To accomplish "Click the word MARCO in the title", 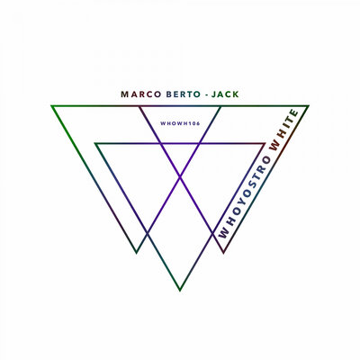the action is (141, 94).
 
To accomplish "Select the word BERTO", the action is (183, 94).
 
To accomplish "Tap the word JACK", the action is (225, 94).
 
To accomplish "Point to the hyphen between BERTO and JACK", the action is (206, 95).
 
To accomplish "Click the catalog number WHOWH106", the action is (180, 123).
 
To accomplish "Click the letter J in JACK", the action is (213, 94).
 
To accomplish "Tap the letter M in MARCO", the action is (124, 94).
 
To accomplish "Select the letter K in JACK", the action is (236, 94).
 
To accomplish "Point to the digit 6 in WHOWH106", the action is (198, 123).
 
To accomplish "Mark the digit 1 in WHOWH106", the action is (191, 123).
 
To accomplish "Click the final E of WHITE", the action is (294, 114).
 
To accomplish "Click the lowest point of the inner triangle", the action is (180, 291).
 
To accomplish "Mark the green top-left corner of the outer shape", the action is (51, 105).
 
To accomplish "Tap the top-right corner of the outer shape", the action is (309, 105).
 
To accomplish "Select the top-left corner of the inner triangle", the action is (95, 143).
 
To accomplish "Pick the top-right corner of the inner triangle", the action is (265, 143).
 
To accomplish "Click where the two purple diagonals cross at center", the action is (180, 177).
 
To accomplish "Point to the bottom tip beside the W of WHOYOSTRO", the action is (223, 253).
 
